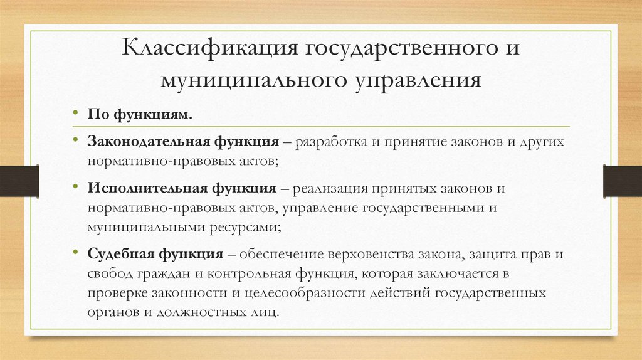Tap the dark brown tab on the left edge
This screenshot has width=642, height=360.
(x=19, y=179)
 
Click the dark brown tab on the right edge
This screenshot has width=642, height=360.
(x=622, y=179)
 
